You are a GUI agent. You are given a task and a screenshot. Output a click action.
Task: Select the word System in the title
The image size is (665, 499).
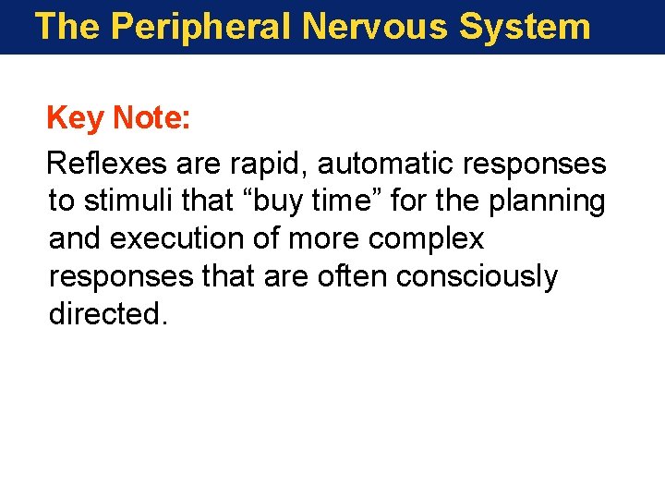[x=525, y=27]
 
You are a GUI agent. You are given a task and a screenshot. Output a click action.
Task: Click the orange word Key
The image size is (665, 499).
[x=75, y=118]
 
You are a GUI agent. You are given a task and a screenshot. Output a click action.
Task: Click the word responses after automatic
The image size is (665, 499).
[x=535, y=164]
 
